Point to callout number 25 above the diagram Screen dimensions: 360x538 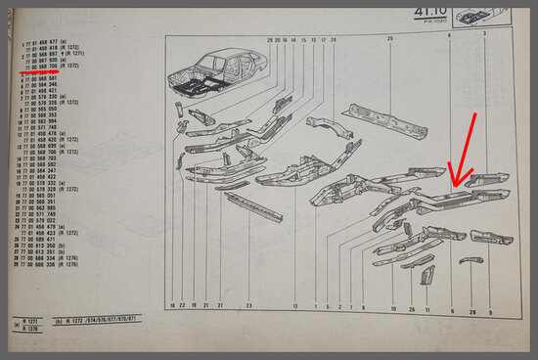click(389, 38)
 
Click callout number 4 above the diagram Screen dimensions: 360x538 click(450, 35)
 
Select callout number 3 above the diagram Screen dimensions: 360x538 click(486, 34)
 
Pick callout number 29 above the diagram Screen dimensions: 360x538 click(270, 39)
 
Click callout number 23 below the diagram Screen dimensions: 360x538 click(248, 307)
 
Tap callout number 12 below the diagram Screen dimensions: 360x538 click(294, 307)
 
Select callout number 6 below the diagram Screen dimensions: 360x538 click(452, 309)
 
